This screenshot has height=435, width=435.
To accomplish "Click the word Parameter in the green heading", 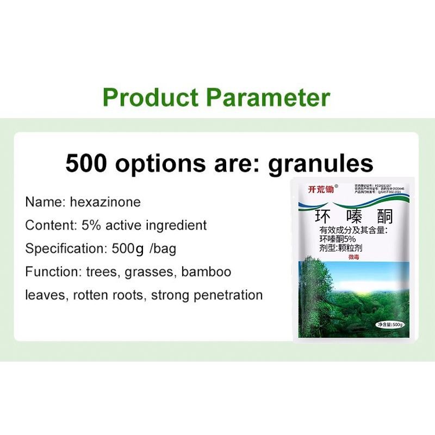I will click(x=267, y=97).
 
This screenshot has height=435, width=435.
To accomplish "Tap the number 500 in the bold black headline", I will click(x=86, y=163).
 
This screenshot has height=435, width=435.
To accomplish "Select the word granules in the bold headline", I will click(x=321, y=164).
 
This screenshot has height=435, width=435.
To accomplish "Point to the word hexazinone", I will click(x=105, y=202).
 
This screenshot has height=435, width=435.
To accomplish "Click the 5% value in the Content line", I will click(x=91, y=225).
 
